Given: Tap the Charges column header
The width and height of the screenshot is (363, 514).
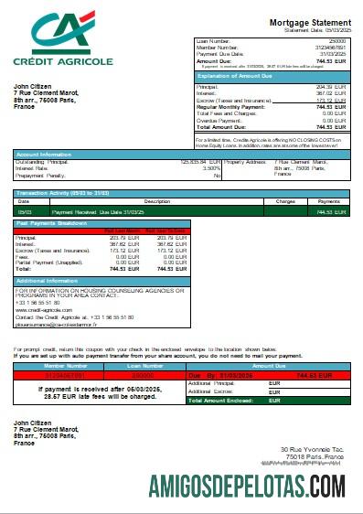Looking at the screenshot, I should click(284, 200).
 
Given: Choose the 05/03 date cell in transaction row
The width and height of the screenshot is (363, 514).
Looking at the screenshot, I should click(22, 211).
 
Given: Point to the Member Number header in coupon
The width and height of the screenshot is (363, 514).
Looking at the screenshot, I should click(48, 364).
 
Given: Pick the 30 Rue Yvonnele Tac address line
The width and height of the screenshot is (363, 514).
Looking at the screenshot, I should click(316, 449).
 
